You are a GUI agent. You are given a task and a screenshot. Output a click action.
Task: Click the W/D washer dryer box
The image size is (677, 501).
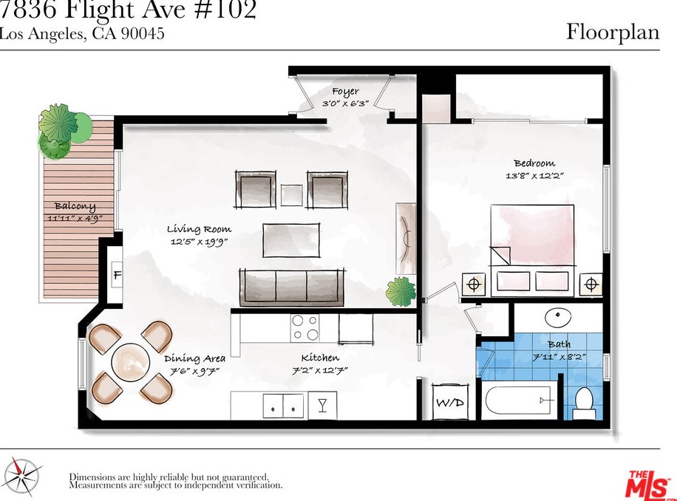tap(448, 403)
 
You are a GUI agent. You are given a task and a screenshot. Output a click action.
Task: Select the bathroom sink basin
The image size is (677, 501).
tap(558, 318)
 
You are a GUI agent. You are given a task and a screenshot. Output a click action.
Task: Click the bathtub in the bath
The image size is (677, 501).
tap(520, 403)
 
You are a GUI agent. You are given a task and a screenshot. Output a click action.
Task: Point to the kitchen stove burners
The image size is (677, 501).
tap(305, 327)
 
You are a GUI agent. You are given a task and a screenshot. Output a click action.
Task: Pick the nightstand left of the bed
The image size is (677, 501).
tap(474, 284)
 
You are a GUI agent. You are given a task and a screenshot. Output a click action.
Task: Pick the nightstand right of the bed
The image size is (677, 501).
tap(591, 284)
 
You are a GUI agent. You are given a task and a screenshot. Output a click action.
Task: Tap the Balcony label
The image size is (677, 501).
tap(75, 206)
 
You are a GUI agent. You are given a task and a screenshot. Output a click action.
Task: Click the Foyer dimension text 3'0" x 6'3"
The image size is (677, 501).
tap(345, 104)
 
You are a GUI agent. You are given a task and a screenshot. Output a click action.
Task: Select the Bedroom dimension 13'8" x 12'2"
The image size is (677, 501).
tap(534, 176)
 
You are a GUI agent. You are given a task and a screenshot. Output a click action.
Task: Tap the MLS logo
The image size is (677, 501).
tap(648, 484)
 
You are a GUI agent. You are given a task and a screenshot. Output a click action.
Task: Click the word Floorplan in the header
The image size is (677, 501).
tap(613, 32)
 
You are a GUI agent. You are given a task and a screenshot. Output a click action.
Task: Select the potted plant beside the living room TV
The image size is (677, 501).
tap(401, 291)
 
